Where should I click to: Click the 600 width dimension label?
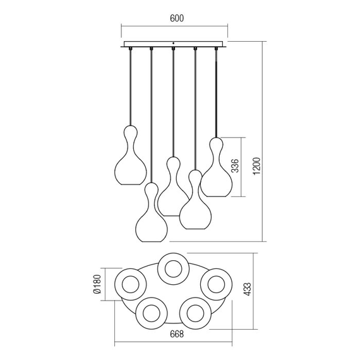click(x=177, y=18)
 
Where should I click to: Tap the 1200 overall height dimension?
click(x=257, y=165)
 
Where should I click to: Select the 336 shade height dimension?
click(x=235, y=165)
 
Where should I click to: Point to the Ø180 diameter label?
click(x=97, y=284)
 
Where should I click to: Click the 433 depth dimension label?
click(x=248, y=289)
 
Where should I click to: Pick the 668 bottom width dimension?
click(x=177, y=334)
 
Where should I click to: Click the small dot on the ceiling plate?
click(x=174, y=43)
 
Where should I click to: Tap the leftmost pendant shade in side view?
click(x=130, y=155)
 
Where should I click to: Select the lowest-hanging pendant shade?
click(x=152, y=212)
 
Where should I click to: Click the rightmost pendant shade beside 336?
click(x=216, y=167)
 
